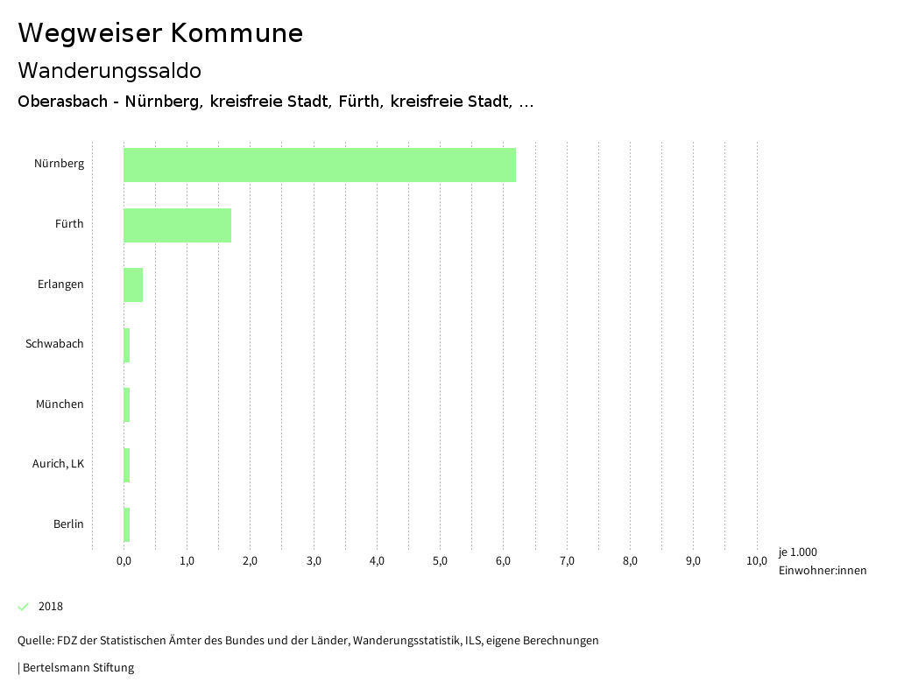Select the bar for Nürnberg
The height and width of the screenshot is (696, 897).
320,165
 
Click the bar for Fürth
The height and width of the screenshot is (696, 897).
177,225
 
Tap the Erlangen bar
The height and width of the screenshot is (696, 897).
133,285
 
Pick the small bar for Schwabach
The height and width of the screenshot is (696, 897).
127,345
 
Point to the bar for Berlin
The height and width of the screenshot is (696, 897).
127,524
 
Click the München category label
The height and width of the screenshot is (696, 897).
60,404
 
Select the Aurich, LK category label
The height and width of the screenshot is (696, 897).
58,464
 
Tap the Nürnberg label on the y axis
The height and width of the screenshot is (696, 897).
59,164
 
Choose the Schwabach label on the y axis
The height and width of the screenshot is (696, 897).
54,344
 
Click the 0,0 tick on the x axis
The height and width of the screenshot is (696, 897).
124,561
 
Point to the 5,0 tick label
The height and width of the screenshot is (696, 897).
440,561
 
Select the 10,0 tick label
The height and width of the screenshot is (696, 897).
756,561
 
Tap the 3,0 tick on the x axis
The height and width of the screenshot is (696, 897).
314,561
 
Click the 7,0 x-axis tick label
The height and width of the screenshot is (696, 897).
567,561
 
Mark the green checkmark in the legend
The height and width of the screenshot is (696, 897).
24,607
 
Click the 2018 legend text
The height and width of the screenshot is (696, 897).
51,607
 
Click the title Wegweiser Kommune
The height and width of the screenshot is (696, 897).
160,33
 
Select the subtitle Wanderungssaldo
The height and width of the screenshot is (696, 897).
109,71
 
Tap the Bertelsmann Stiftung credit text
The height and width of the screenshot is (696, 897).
77,668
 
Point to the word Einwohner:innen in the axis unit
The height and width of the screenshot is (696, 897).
822,571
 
